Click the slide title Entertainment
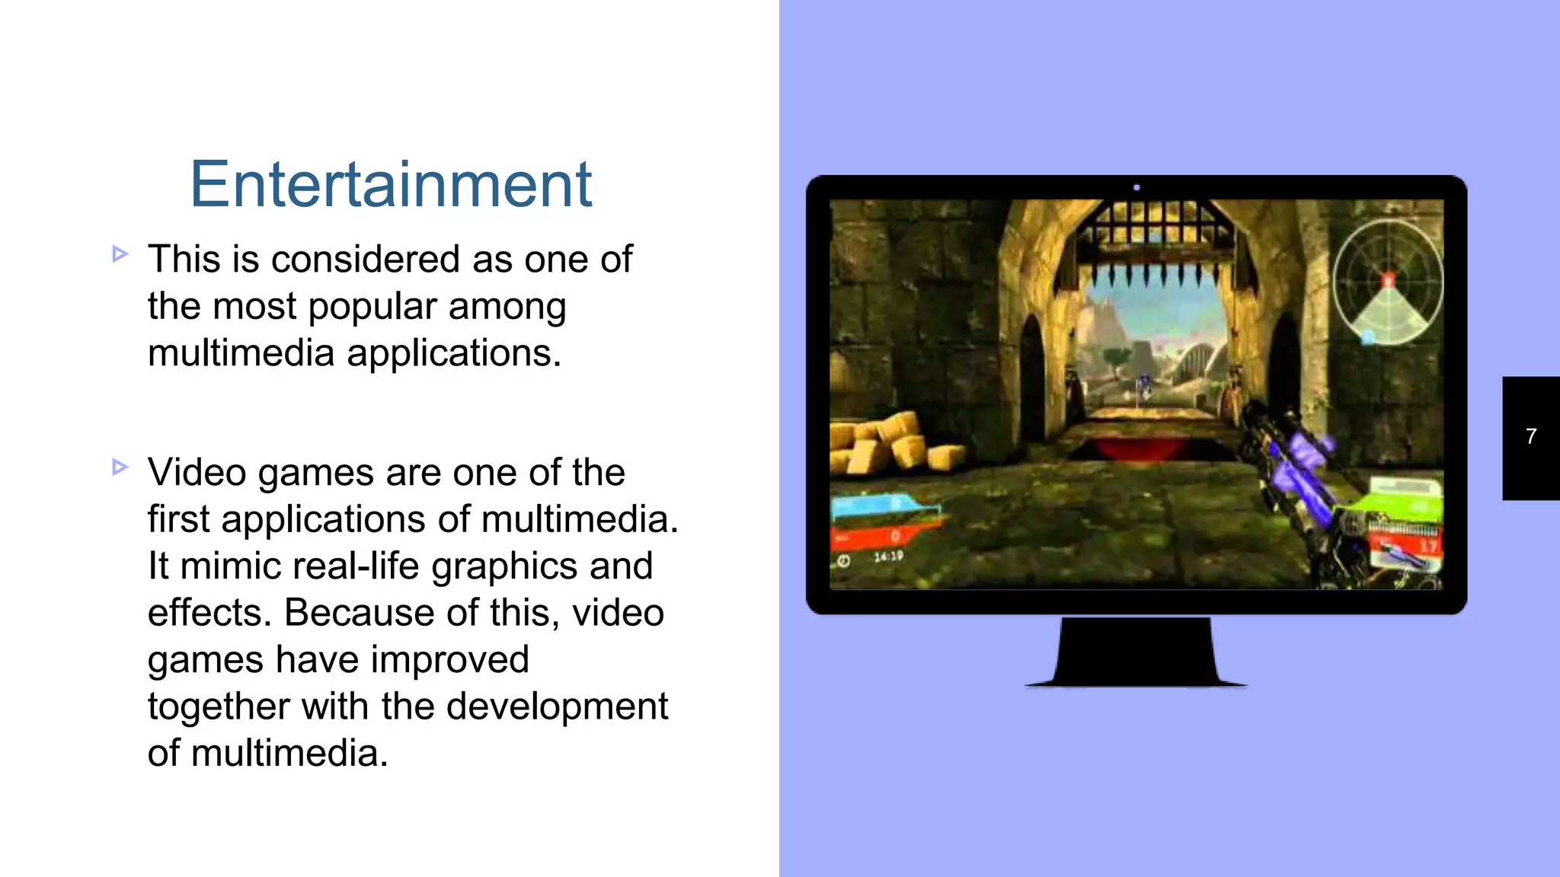(391, 184)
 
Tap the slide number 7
(1531, 436)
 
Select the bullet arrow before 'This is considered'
(120, 254)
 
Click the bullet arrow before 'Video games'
(120, 467)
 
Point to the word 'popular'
(372, 307)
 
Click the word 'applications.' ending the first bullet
(454, 353)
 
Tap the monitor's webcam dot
(1136, 187)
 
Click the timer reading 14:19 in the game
(888, 556)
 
